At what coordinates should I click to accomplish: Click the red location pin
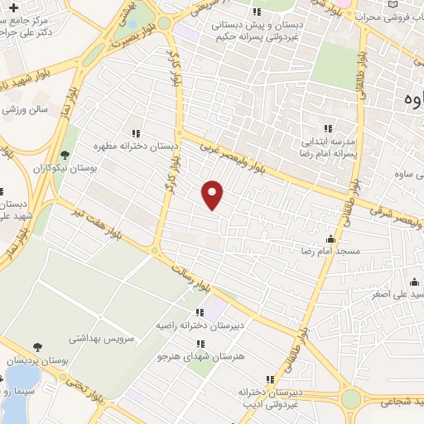click(213, 194)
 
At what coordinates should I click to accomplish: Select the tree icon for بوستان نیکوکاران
click(65, 155)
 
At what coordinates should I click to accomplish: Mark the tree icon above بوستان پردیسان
click(36, 348)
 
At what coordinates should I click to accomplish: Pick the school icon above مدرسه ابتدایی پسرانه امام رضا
click(327, 128)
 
